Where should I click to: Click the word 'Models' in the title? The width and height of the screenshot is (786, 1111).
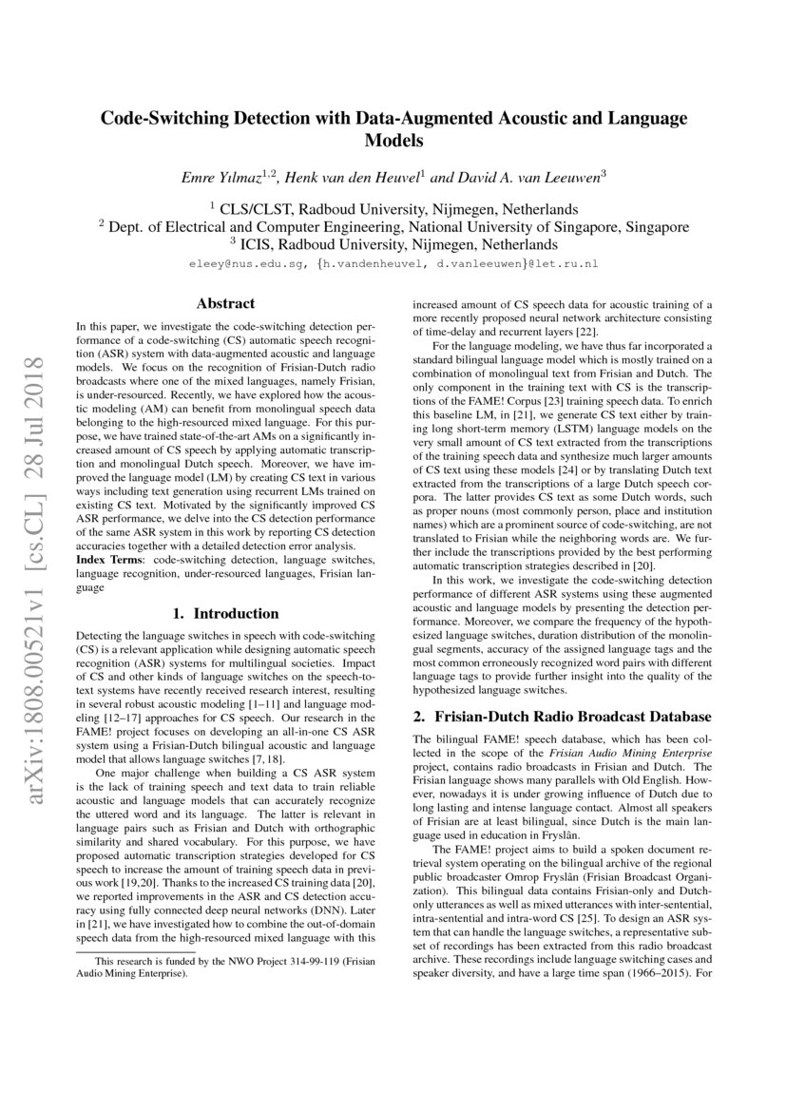(393, 141)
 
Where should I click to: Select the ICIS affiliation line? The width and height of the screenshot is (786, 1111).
(393, 244)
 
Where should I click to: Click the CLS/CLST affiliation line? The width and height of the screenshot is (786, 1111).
(393, 208)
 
